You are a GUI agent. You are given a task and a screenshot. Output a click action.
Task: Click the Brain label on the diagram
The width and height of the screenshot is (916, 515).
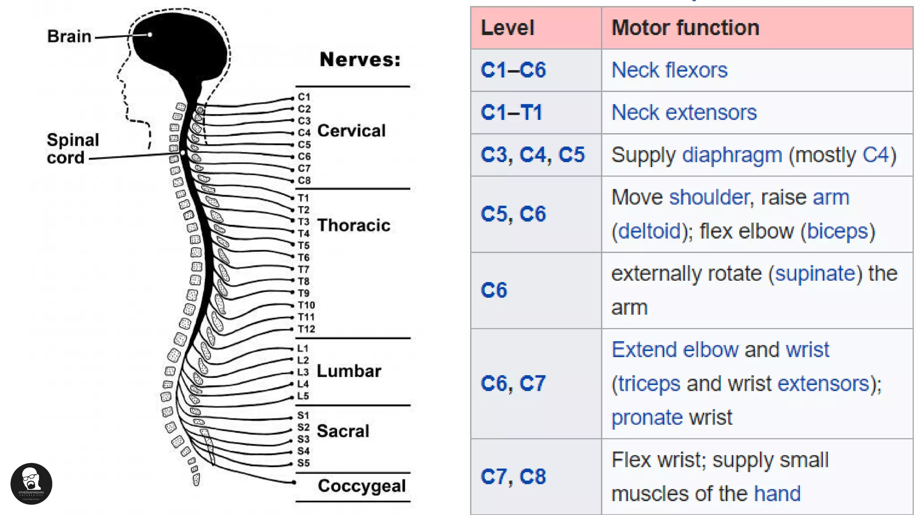pyautogui.click(x=69, y=37)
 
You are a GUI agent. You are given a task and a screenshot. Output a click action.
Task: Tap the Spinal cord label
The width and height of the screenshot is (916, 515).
pyautogui.click(x=72, y=149)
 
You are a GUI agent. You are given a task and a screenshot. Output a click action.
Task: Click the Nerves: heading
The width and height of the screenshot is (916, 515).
pyautogui.click(x=360, y=59)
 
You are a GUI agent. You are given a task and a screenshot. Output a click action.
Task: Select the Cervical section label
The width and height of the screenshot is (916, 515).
pyautogui.click(x=351, y=131)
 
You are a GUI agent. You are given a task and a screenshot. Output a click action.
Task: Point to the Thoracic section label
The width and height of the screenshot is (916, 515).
pyautogui.click(x=353, y=225)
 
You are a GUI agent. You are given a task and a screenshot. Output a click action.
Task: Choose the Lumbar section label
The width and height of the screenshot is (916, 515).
pyautogui.click(x=349, y=371)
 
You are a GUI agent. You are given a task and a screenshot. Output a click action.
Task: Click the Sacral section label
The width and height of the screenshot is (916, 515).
pyautogui.click(x=343, y=431)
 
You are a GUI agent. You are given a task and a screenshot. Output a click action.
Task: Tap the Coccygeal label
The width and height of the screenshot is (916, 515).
pyautogui.click(x=361, y=486)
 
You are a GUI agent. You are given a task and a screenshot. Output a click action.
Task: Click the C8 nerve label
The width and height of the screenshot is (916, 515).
pyautogui.click(x=304, y=181)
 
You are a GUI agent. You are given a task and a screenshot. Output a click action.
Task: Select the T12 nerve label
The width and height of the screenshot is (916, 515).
pyautogui.click(x=306, y=329)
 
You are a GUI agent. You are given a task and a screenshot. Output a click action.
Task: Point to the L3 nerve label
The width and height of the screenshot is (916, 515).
pyautogui.click(x=303, y=372)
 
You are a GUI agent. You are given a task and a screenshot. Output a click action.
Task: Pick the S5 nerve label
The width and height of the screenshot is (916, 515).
pyautogui.click(x=303, y=463)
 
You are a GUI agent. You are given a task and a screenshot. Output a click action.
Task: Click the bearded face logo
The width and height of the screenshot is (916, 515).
pyautogui.click(x=31, y=484)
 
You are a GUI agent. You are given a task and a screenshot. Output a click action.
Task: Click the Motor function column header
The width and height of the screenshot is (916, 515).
pyautogui.click(x=685, y=28)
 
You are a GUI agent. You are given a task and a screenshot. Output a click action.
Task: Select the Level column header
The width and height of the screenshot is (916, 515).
pyautogui.click(x=507, y=28)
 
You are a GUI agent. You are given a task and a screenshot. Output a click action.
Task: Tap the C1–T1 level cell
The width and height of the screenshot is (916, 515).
pyautogui.click(x=511, y=112)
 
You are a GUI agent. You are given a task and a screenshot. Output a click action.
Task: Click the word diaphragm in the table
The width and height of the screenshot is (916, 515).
pyautogui.click(x=732, y=155)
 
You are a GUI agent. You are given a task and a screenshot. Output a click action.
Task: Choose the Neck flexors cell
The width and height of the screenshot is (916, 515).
pyautogui.click(x=669, y=70)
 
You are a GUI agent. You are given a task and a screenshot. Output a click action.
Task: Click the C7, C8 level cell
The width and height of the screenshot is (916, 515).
pyautogui.click(x=513, y=477)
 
